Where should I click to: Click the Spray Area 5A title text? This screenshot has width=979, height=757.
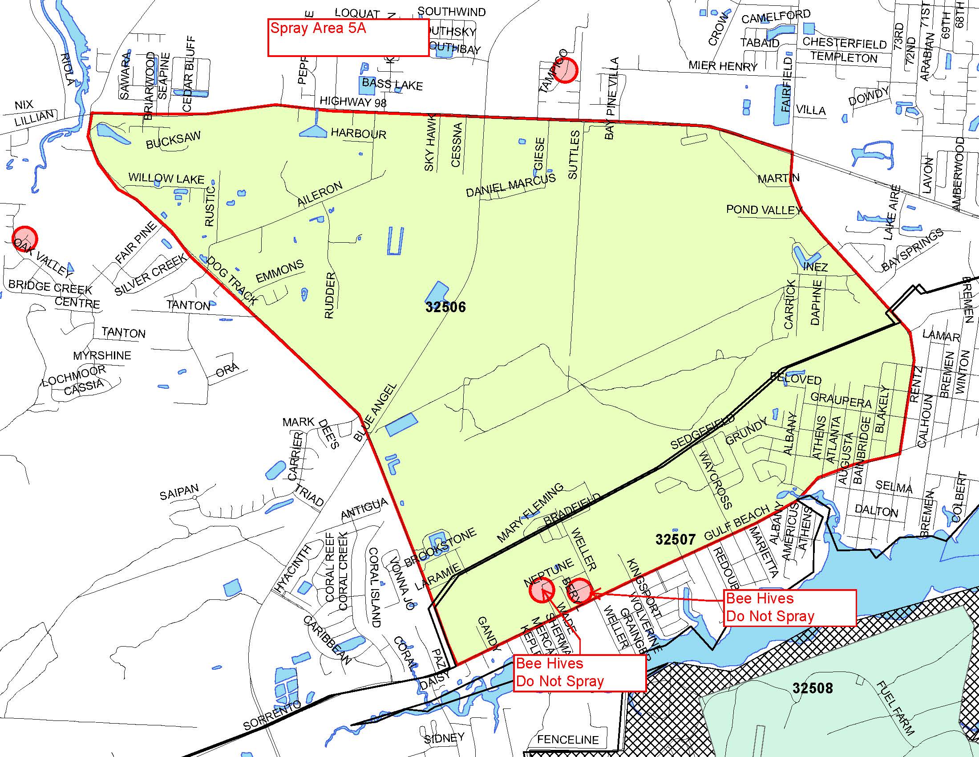coord(318,28)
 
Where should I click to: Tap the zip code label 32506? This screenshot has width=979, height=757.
coord(445,307)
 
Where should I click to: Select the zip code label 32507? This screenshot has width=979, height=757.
coord(675,539)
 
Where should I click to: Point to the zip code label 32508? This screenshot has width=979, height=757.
coord(812,688)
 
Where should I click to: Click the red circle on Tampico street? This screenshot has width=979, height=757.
coord(564,70)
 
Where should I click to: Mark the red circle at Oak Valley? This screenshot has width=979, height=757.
coord(24,238)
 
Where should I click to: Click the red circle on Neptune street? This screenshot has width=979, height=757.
coord(542,590)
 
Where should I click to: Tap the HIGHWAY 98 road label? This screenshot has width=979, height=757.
coord(353,102)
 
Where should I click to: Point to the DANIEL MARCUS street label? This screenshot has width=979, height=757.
coord(511,185)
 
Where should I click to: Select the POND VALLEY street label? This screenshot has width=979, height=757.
coord(763,210)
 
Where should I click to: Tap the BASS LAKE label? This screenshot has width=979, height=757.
coord(392,84)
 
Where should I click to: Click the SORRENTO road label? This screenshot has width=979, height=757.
coord(271,716)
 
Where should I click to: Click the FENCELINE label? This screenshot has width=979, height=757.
coord(567,739)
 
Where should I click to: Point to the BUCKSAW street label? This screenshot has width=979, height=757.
coord(173,139)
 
